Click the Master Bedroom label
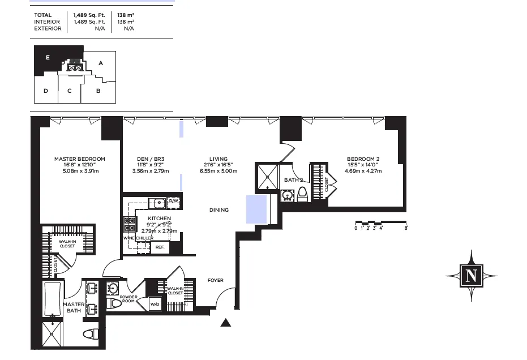click(x=79, y=159)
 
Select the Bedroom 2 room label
click(x=363, y=159)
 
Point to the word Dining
click(x=219, y=210)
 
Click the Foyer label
click(x=215, y=280)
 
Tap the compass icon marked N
click(x=471, y=276)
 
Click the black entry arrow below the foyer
click(x=226, y=323)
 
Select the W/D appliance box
click(x=155, y=304)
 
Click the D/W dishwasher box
click(x=173, y=201)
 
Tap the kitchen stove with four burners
click(x=130, y=225)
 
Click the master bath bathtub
click(x=53, y=300)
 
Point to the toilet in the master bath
click(x=91, y=334)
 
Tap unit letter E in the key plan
click(x=48, y=58)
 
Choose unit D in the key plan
click(x=45, y=91)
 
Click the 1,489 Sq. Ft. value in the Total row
click(x=89, y=15)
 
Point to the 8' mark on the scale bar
click(x=406, y=228)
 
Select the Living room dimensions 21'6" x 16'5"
click(x=218, y=165)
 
